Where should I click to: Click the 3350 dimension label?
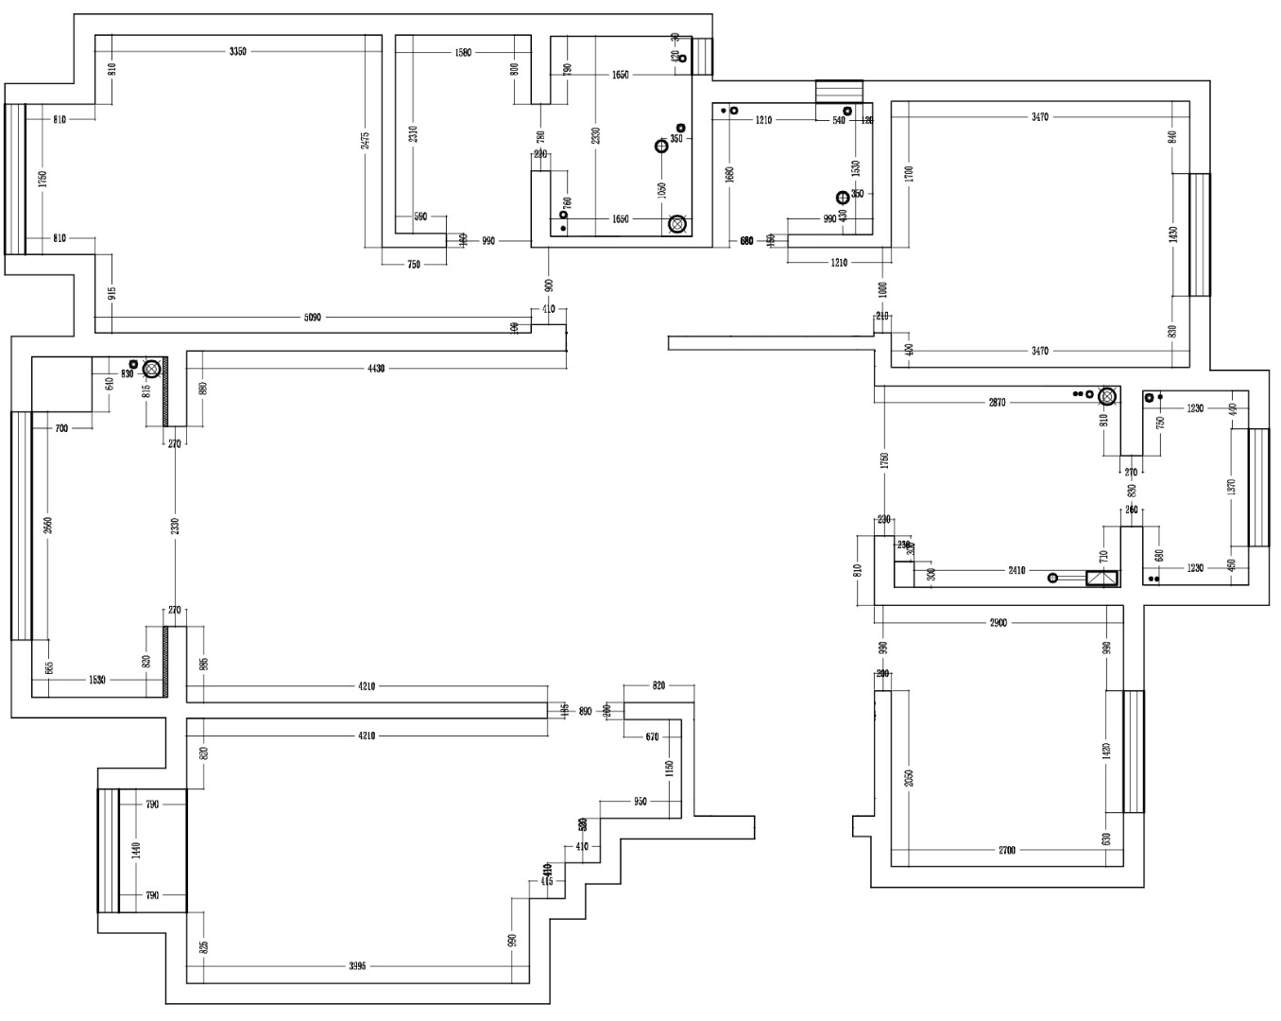click(x=238, y=51)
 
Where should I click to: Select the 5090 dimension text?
click(x=313, y=318)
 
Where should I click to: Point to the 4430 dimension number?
click(x=376, y=369)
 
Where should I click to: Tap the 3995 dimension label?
click(x=357, y=966)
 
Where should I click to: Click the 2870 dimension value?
click(x=997, y=403)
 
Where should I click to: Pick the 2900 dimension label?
click(x=999, y=623)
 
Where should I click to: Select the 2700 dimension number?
click(x=1007, y=851)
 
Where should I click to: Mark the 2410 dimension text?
click(x=1016, y=571)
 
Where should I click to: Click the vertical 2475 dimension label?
click(x=366, y=140)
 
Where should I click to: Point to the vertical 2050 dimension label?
click(x=909, y=777)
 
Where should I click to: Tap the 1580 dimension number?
click(x=463, y=53)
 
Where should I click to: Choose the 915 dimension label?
click(x=112, y=293)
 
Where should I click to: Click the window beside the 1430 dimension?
click(x=1199, y=234)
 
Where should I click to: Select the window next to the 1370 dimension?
click(x=1258, y=488)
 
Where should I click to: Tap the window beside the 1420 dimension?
click(x=1133, y=752)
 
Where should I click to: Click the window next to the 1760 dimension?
click(x=15, y=179)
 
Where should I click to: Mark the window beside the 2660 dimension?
click(x=22, y=526)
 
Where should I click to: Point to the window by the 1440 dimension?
click(x=109, y=850)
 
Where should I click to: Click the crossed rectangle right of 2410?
click(x=1102, y=579)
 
